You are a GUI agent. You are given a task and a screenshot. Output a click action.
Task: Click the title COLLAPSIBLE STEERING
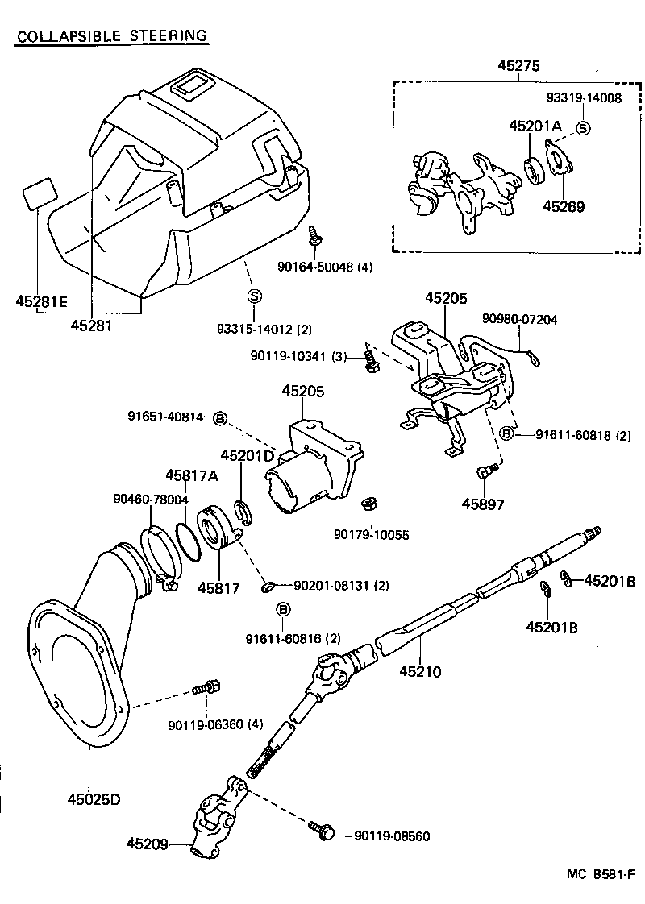[112, 36]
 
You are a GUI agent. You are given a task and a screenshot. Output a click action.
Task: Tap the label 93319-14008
[584, 99]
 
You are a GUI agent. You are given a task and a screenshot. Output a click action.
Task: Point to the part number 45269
[563, 205]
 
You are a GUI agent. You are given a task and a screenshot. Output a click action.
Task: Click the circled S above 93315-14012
[254, 296]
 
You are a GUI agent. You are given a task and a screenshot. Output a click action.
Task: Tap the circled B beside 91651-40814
[220, 417]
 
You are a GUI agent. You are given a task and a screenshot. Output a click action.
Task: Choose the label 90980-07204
[519, 319]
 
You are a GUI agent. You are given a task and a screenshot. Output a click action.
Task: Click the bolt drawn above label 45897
[483, 473]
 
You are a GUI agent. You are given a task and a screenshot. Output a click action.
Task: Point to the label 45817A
[192, 475]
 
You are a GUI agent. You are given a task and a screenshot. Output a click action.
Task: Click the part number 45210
[420, 670]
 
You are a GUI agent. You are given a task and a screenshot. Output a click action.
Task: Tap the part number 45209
[148, 844]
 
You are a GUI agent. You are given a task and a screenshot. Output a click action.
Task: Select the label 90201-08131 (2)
[342, 585]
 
